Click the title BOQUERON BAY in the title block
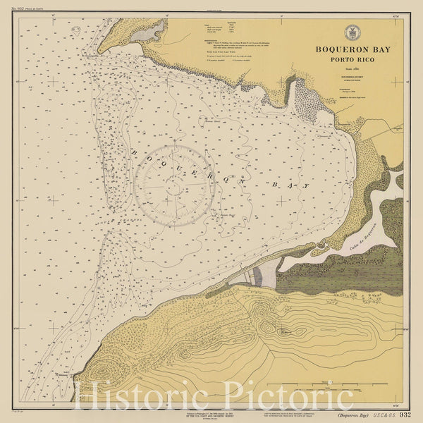pos(351,51)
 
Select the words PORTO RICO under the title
pos(351,61)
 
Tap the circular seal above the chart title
pos(351,32)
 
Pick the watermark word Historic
pos(143,398)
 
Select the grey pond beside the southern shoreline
pos(264,276)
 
